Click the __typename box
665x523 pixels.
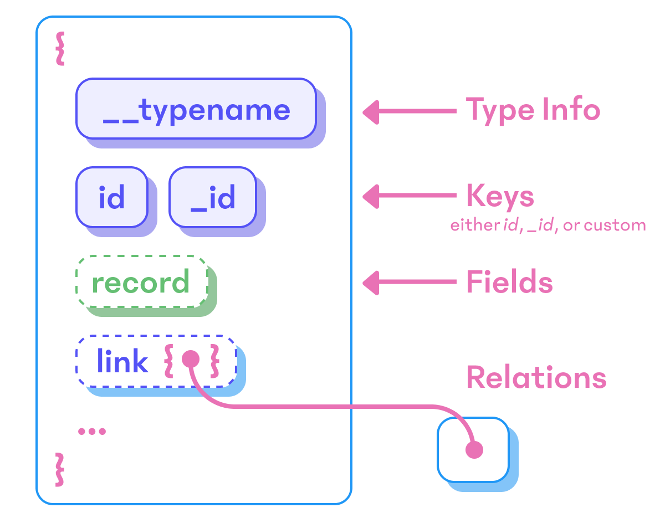[196, 109]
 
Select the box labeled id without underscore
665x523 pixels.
[112, 197]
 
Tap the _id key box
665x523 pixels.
[213, 197]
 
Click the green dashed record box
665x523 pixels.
[141, 283]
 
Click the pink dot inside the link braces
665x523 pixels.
[190, 358]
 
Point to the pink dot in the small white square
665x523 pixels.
[474, 450]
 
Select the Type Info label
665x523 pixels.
[533, 109]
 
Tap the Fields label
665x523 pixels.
[509, 282]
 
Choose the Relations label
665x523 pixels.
[536, 377]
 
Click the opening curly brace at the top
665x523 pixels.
[59, 49]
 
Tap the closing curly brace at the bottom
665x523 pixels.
[59, 470]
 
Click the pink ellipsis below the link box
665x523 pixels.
[92, 431]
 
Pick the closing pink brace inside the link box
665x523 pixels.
[214, 362]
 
